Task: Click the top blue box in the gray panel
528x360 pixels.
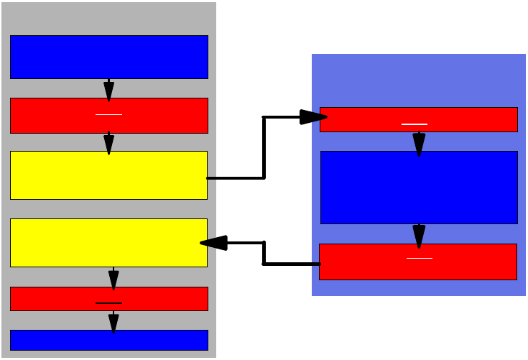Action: click(109, 57)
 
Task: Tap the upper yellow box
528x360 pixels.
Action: click(108, 175)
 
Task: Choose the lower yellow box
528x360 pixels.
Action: click(108, 242)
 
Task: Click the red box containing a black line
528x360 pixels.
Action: click(109, 298)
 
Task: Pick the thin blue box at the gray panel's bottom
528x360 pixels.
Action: click(109, 340)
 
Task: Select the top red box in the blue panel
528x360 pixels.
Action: click(418, 119)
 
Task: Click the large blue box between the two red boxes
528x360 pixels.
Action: click(419, 188)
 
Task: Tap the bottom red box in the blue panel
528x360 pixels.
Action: click(418, 262)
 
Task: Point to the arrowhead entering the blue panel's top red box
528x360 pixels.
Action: click(313, 117)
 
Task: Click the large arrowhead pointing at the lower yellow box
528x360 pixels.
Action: click(214, 243)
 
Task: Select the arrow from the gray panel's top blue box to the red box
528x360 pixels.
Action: click(108, 88)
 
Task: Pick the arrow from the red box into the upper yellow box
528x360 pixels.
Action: click(108, 142)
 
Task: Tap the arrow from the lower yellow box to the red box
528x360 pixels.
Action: click(114, 277)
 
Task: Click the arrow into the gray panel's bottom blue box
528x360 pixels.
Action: click(114, 321)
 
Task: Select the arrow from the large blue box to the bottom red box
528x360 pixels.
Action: click(419, 234)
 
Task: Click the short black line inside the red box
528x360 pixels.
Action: click(108, 303)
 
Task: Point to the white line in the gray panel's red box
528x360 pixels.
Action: click(108, 114)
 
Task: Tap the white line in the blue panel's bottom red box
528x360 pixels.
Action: click(420, 257)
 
